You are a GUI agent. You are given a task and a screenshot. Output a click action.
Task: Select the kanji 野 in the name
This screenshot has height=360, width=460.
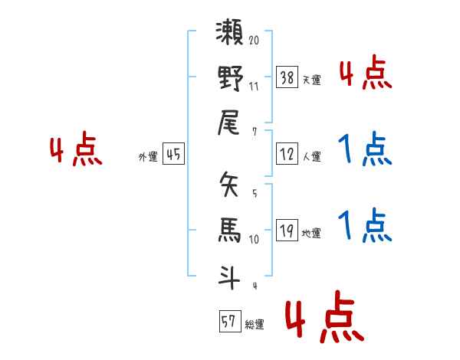coord(230,79)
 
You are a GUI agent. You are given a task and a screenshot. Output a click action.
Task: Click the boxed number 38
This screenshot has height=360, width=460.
coord(287,77)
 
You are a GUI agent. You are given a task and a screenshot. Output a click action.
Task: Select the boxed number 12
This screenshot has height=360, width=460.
coord(287,154)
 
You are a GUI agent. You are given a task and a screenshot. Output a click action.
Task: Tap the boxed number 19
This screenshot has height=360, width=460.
coord(287,231)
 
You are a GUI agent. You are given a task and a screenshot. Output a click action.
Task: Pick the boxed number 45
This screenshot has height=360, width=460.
coord(174,154)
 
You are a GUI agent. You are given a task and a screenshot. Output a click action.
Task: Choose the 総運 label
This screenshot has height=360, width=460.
coord(255,325)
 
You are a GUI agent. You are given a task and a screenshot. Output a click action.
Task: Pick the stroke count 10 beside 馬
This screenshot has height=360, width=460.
coord(254,239)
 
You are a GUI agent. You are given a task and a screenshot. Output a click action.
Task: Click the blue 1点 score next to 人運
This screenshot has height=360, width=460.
coord(365,150)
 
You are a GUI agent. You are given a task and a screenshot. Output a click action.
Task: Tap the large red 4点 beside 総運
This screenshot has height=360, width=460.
coord(323,319)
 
